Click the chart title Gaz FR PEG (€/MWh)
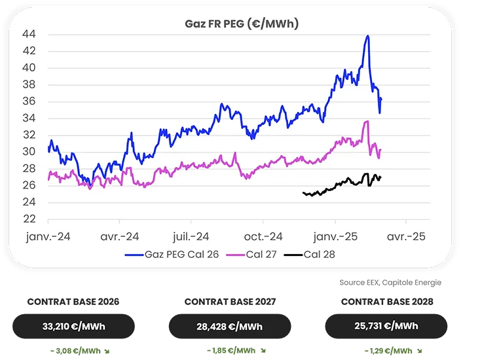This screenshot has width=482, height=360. [242, 24]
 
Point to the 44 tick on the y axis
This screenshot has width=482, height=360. [29, 34]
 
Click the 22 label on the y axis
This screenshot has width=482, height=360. [29, 220]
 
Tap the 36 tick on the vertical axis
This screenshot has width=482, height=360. [29, 101]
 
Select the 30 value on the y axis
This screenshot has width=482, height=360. [29, 152]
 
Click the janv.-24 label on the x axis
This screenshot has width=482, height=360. [48, 237]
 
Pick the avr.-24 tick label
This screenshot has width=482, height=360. [120, 237]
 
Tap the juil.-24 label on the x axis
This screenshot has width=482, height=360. [191, 237]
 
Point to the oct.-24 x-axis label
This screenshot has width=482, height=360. [263, 237]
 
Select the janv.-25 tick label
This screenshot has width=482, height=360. [336, 237]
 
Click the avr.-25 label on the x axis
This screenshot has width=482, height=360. [406, 237]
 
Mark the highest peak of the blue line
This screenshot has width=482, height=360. [368, 36]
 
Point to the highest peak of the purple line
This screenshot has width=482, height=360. [367, 121]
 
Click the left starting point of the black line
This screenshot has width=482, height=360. [303, 193]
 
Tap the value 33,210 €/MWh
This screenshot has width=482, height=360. [74, 326]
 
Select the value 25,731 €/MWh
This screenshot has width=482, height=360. [386, 325]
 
